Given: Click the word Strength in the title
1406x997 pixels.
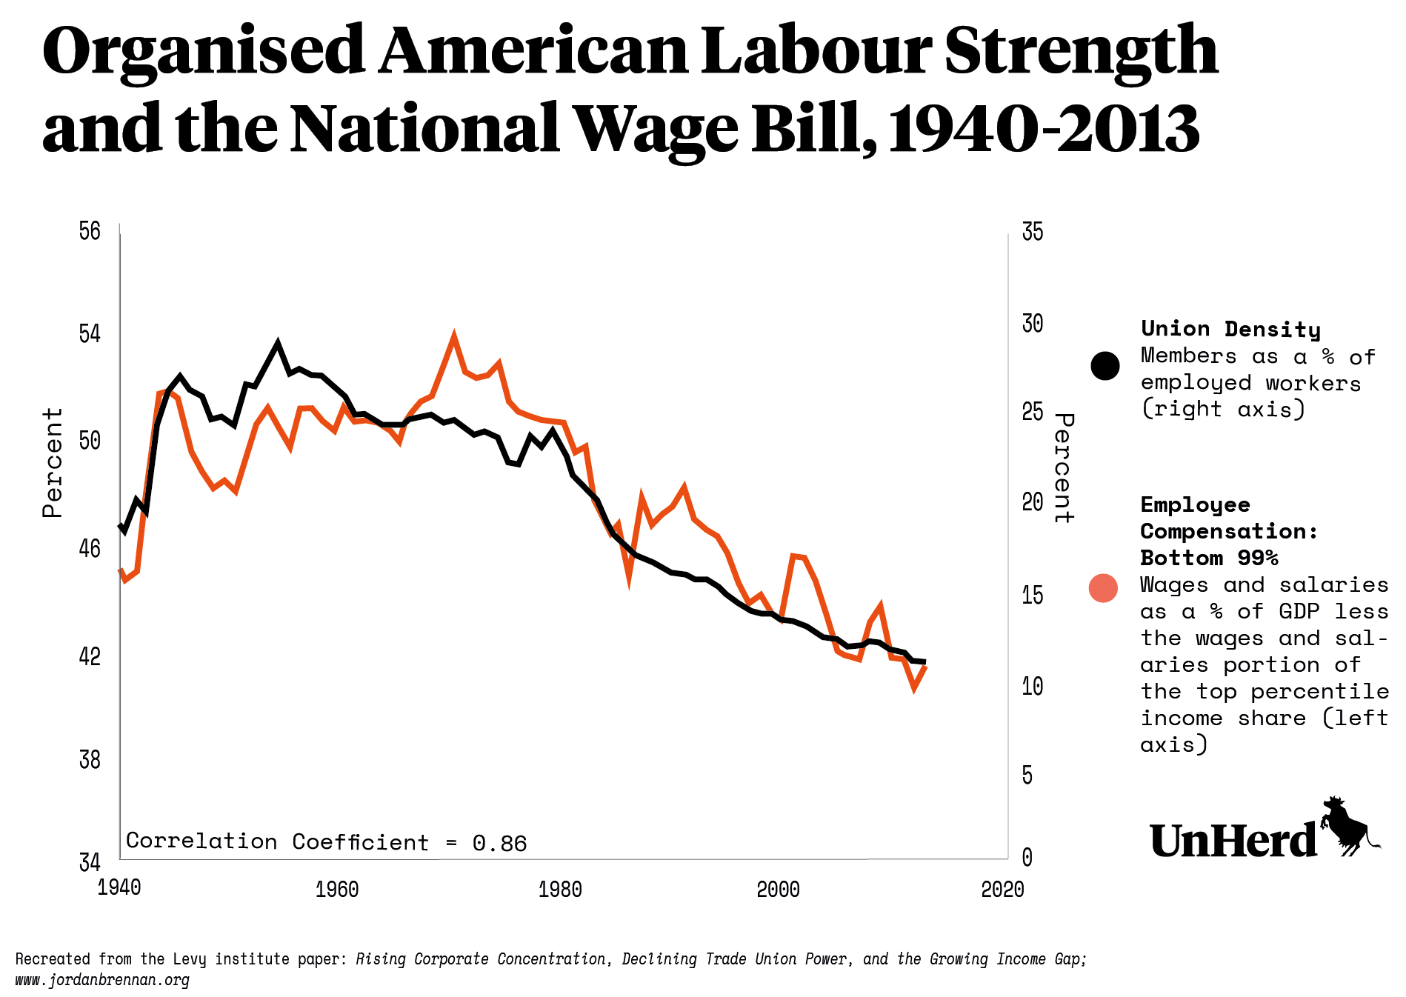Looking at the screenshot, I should tap(1082, 52).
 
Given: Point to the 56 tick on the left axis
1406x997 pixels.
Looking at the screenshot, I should tap(90, 231).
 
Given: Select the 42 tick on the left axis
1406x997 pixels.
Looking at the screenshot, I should tap(90, 656).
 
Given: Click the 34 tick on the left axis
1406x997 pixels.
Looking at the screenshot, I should tap(90, 863).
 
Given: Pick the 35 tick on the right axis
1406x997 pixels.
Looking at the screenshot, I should tap(1033, 232).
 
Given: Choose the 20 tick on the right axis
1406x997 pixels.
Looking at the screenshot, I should tap(1033, 502).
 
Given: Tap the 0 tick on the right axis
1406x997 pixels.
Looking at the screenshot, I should tap(1027, 858).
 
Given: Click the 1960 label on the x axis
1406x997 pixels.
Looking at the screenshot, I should tap(337, 889).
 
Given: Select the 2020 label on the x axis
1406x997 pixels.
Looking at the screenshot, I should tap(1002, 889).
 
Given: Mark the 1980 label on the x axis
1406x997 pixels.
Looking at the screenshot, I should tap(560, 889).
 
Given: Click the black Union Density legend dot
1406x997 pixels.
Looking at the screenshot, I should tap(1105, 366).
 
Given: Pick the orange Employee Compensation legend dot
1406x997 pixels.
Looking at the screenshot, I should tap(1103, 588).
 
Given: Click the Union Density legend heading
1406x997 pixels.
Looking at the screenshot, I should tap(1230, 329).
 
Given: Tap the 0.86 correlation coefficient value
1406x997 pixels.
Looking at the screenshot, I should tap(499, 844).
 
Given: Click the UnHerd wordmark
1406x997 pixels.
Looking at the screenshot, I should tap(1233, 841).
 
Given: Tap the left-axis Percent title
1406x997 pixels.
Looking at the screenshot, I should tap(53, 463).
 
